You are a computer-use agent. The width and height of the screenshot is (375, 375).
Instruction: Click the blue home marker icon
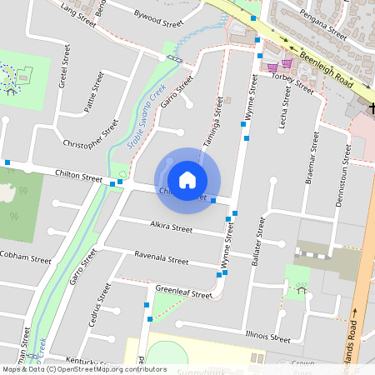coord(187,179)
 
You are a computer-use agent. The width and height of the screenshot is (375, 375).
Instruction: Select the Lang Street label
coord(79,13)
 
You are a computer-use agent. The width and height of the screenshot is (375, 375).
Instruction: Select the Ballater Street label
coord(259,237)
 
